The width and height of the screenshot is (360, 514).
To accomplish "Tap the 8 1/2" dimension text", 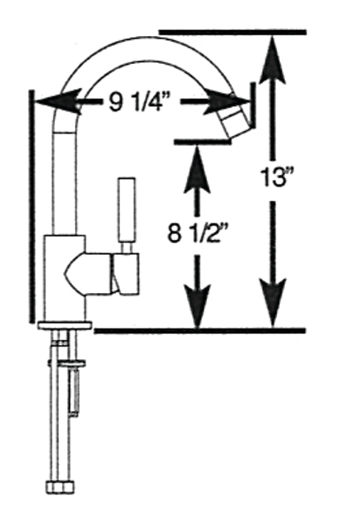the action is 197,234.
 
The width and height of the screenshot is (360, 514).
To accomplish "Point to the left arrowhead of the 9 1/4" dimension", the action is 58,101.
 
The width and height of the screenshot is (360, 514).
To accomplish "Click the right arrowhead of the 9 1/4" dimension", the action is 227,101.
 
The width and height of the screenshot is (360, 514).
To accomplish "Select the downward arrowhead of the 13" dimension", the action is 273,303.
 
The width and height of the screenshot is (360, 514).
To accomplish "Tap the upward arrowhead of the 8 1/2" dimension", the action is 197,169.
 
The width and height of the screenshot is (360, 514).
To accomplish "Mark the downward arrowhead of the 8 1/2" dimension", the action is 197,305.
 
